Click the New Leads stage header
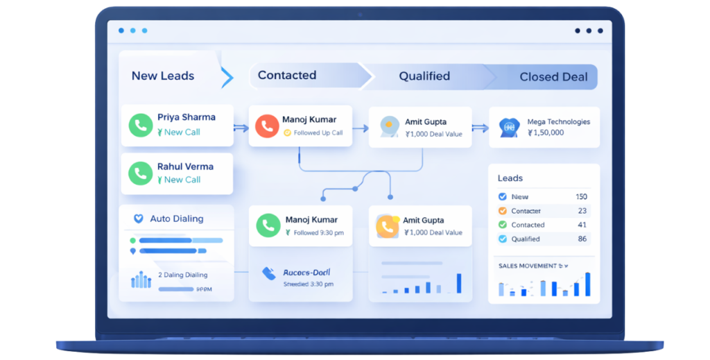(163, 76)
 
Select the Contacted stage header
(287, 75)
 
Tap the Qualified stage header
(424, 76)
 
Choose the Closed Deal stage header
(553, 77)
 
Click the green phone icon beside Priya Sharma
(141, 125)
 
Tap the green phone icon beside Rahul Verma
(141, 173)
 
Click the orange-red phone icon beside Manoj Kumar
(267, 126)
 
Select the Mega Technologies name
(558, 121)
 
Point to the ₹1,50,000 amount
(546, 132)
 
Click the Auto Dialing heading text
(177, 218)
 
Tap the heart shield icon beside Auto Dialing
(138, 218)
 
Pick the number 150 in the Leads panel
(581, 197)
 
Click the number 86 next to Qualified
(582, 239)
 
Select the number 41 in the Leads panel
(582, 225)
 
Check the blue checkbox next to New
(503, 197)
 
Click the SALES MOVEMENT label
(528, 266)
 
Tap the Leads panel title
(510, 178)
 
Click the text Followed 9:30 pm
(318, 233)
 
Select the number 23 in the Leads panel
(582, 211)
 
